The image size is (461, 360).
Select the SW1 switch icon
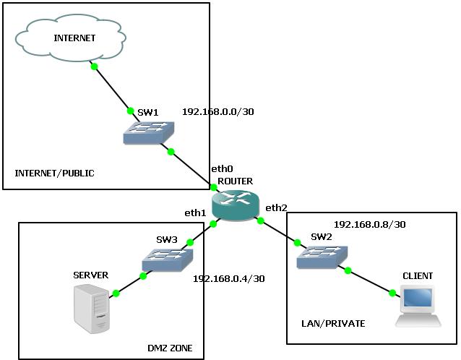click(x=151, y=132)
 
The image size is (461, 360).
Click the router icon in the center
click(x=236, y=205)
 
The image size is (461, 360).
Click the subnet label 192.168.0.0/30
click(x=217, y=112)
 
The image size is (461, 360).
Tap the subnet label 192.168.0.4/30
click(x=228, y=278)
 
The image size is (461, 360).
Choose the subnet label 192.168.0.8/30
click(x=369, y=224)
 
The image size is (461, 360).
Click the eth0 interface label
click(x=221, y=168)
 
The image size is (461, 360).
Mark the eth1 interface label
click(x=195, y=213)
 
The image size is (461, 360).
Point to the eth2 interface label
click(x=276, y=208)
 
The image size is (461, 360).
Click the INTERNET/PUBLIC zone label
click(x=55, y=173)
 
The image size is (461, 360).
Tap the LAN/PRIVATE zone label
click(x=333, y=323)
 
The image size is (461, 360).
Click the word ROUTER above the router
click(x=235, y=180)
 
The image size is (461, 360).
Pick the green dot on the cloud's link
click(x=94, y=67)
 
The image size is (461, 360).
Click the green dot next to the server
click(x=115, y=293)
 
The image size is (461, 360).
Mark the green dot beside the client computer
click(x=392, y=293)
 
